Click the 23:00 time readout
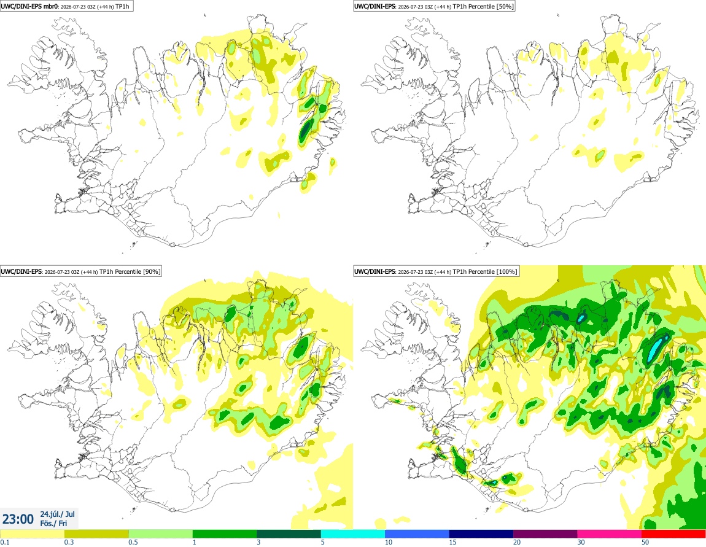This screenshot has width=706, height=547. (x=18, y=519)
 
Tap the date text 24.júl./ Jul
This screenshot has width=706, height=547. (x=58, y=514)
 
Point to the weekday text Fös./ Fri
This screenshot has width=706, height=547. (x=53, y=523)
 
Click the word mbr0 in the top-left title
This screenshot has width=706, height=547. (x=50, y=6)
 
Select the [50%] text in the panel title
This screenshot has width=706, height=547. (x=505, y=6)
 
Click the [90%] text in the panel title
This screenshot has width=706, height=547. (x=151, y=271)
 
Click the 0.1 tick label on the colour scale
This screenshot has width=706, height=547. (x=4, y=542)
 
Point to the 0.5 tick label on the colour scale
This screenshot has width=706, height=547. (x=133, y=542)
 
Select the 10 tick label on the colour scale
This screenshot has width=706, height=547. (x=389, y=542)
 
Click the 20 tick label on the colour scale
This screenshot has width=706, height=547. (x=517, y=542)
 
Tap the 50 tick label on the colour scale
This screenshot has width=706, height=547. (x=645, y=542)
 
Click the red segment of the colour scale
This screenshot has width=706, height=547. (x=673, y=534)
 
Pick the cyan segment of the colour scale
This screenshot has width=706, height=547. (x=352, y=534)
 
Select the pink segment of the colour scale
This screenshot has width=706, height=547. (x=609, y=534)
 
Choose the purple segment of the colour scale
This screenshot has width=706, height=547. (x=545, y=534)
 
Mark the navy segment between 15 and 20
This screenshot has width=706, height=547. (x=481, y=534)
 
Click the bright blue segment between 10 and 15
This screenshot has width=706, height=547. (x=417, y=534)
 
